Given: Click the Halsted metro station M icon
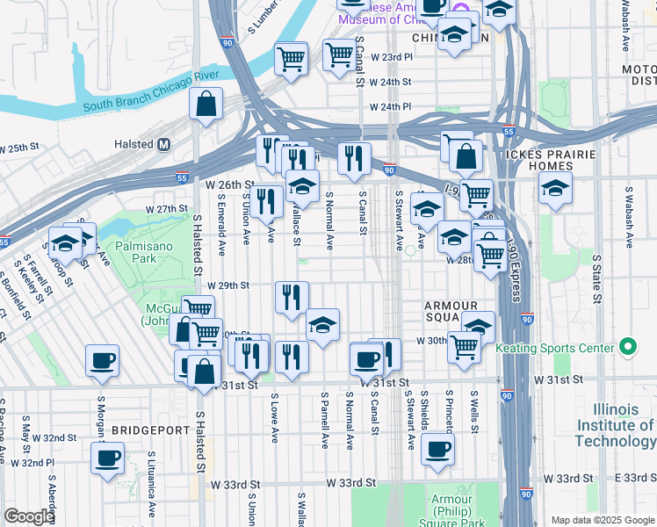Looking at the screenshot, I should pos(163,144).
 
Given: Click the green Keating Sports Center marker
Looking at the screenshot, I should pos(627,348).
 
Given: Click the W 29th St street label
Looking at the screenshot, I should pos(228,285).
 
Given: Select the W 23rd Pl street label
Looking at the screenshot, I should pos(391,57).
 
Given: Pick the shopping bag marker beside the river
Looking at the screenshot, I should pos(206,105).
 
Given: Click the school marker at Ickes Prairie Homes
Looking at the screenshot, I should pos(555,189).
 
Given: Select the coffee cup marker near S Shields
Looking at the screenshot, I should pos(437,449).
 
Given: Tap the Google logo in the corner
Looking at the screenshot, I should pos(28,516).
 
